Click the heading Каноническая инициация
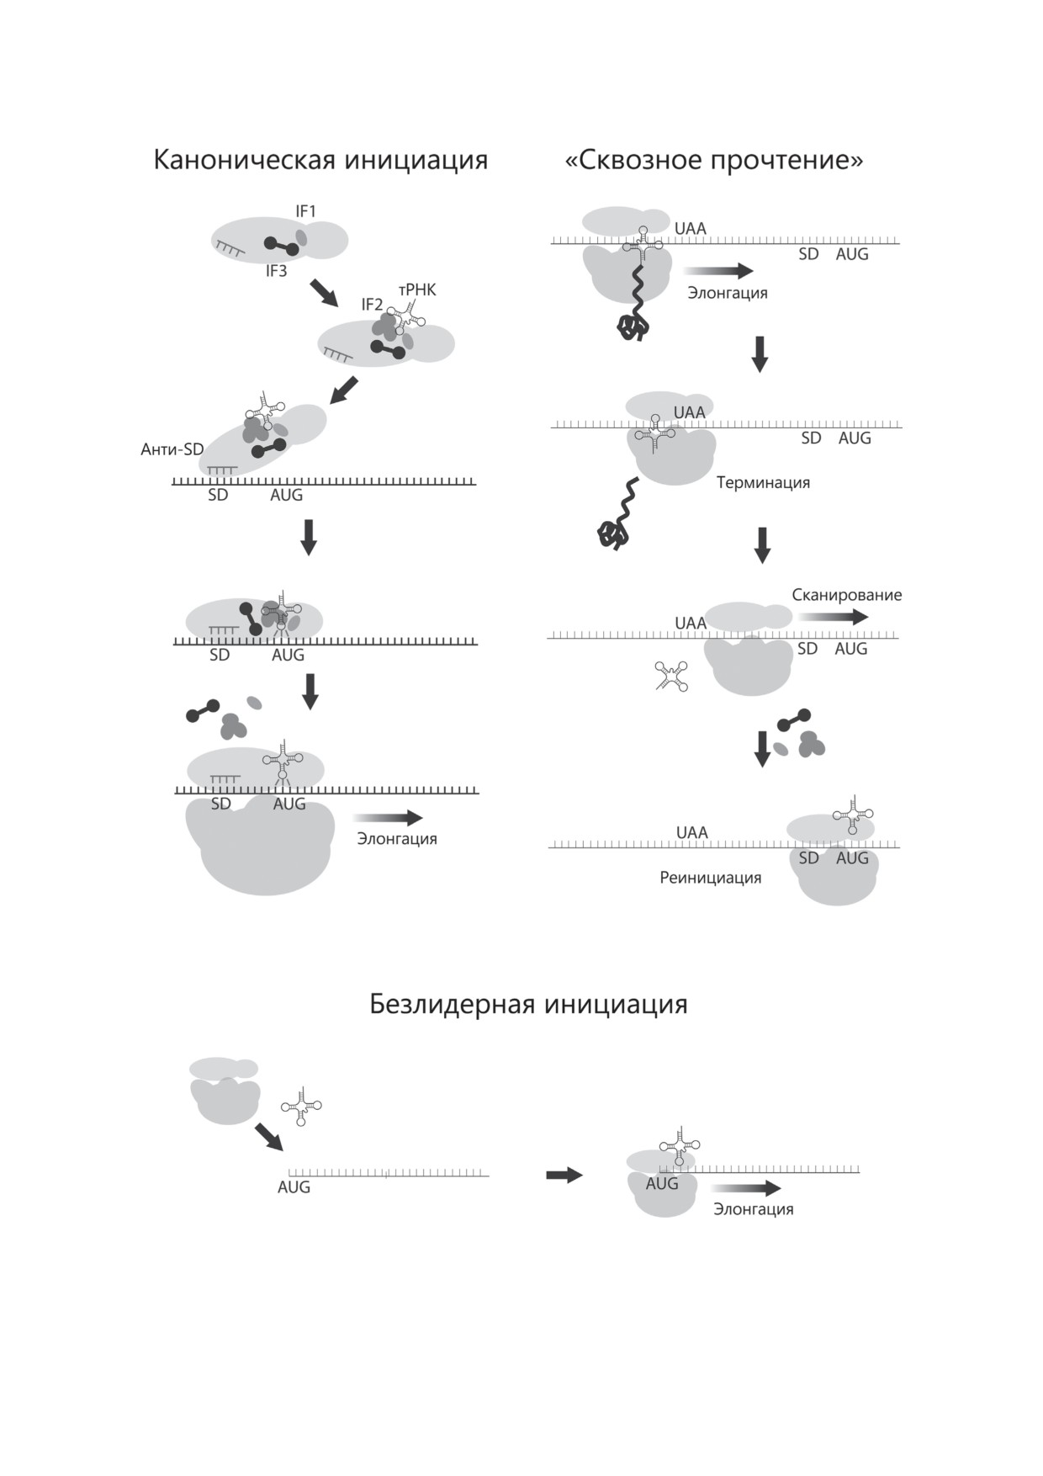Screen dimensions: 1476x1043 click(320, 160)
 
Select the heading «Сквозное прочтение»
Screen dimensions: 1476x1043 click(713, 160)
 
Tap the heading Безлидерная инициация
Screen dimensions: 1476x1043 click(528, 1004)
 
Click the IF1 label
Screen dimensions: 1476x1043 click(305, 211)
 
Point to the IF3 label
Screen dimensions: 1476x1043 click(276, 271)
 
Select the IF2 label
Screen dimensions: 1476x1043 click(372, 305)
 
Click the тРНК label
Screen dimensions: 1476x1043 click(417, 290)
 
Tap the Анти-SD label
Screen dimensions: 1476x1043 click(172, 449)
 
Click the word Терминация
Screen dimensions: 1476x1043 click(763, 483)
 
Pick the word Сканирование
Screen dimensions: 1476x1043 click(846, 595)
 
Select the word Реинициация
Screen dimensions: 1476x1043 click(710, 878)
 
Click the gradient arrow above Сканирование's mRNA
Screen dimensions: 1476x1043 click(833, 617)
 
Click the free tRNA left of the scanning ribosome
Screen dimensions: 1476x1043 click(671, 676)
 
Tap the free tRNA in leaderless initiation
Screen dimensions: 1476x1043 click(301, 1107)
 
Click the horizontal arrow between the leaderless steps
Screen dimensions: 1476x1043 click(564, 1176)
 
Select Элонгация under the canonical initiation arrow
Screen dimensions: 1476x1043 click(396, 839)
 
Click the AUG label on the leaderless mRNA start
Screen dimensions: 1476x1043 click(294, 1187)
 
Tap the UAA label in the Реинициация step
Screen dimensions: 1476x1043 click(691, 832)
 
